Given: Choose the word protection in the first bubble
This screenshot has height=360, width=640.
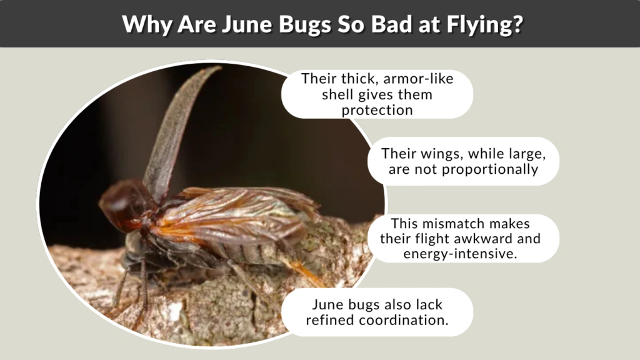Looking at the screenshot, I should [x=377, y=110].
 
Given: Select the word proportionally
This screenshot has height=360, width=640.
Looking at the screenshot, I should [x=485, y=169].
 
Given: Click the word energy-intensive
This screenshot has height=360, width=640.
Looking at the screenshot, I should [x=463, y=254].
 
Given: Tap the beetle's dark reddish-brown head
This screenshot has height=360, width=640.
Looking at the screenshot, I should [x=121, y=203].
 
